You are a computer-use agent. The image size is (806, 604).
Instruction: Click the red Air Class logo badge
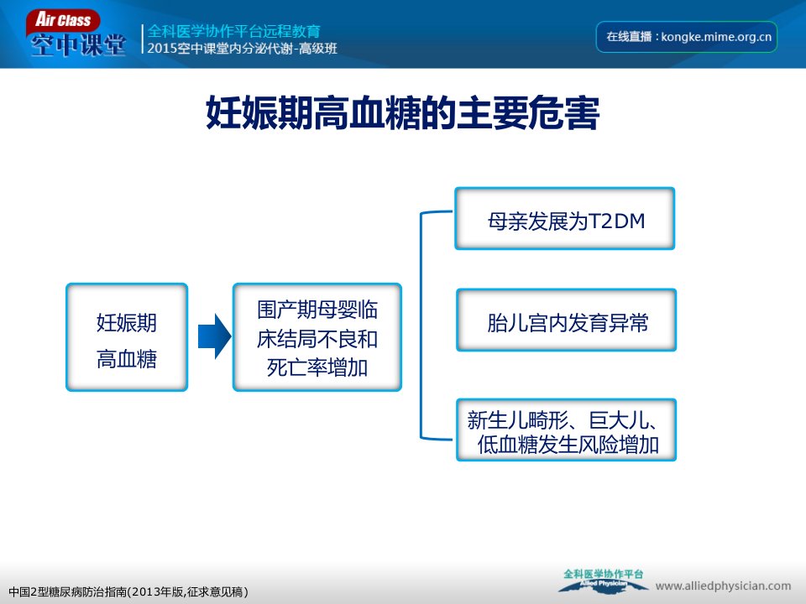point(63,21)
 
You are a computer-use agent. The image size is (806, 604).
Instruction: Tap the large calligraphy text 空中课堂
point(78,45)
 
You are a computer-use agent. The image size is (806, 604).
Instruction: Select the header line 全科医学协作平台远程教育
point(234,31)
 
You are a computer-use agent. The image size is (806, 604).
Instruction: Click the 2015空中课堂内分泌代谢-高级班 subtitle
point(242,49)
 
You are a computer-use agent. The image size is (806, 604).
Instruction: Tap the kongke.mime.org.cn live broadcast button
point(686,37)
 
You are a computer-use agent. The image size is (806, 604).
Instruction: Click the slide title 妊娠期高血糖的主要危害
point(402,112)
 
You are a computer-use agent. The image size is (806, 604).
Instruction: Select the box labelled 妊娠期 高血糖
point(127,337)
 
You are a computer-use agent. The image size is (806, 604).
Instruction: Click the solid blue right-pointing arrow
point(214,336)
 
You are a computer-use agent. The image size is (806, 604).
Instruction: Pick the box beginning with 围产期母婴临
point(317,337)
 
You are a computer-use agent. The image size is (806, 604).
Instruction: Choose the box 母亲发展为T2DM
point(565,219)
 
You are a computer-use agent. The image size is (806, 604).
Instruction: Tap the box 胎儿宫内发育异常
point(567,320)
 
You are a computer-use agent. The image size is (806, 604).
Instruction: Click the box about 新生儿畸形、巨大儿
point(567,430)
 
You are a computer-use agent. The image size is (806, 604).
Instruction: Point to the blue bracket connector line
point(421,325)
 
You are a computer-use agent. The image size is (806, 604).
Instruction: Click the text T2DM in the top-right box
point(615,221)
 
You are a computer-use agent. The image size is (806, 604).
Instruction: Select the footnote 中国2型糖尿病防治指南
point(128,592)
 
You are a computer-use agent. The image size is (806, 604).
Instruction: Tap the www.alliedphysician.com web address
point(723,586)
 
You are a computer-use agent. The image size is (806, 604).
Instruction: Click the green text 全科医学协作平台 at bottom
point(603,574)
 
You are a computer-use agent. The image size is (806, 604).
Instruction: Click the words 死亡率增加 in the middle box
point(317,367)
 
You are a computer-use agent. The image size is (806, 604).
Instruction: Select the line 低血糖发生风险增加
point(568,445)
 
